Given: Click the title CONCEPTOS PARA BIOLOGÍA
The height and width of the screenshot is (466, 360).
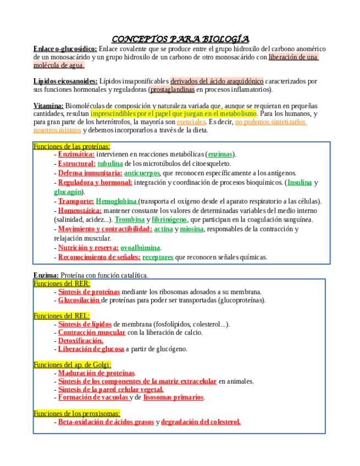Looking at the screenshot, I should [x=180, y=39].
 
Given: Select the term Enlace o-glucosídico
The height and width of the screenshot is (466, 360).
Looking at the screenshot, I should [x=65, y=48].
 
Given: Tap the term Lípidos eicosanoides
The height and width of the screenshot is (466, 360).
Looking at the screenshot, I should [x=65, y=81].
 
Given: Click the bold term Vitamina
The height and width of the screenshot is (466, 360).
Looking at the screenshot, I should [x=48, y=106].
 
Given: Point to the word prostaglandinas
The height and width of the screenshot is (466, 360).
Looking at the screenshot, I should [x=173, y=89].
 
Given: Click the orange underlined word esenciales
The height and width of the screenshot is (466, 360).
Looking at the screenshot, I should [x=191, y=122].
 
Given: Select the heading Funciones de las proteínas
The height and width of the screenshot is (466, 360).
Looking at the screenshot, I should [x=71, y=146].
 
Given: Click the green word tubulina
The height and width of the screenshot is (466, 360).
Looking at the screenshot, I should [x=110, y=163].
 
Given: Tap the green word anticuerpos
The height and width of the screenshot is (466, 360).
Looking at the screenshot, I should [x=142, y=173].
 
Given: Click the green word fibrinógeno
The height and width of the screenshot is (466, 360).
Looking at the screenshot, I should [x=169, y=219].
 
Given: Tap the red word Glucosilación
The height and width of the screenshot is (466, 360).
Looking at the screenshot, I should [x=79, y=300].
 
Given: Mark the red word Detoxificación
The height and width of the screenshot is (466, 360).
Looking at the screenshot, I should [x=80, y=341].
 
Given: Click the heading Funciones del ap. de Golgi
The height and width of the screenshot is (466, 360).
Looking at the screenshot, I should [x=72, y=364].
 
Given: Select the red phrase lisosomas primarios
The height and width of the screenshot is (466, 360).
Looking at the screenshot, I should [x=174, y=397].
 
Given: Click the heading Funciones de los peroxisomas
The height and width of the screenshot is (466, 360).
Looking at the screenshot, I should [x=77, y=413].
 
